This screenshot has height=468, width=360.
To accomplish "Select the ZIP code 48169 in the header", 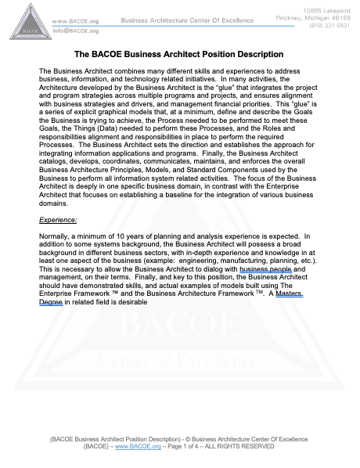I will [340, 15].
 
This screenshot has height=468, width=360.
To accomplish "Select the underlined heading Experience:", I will [58, 221].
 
